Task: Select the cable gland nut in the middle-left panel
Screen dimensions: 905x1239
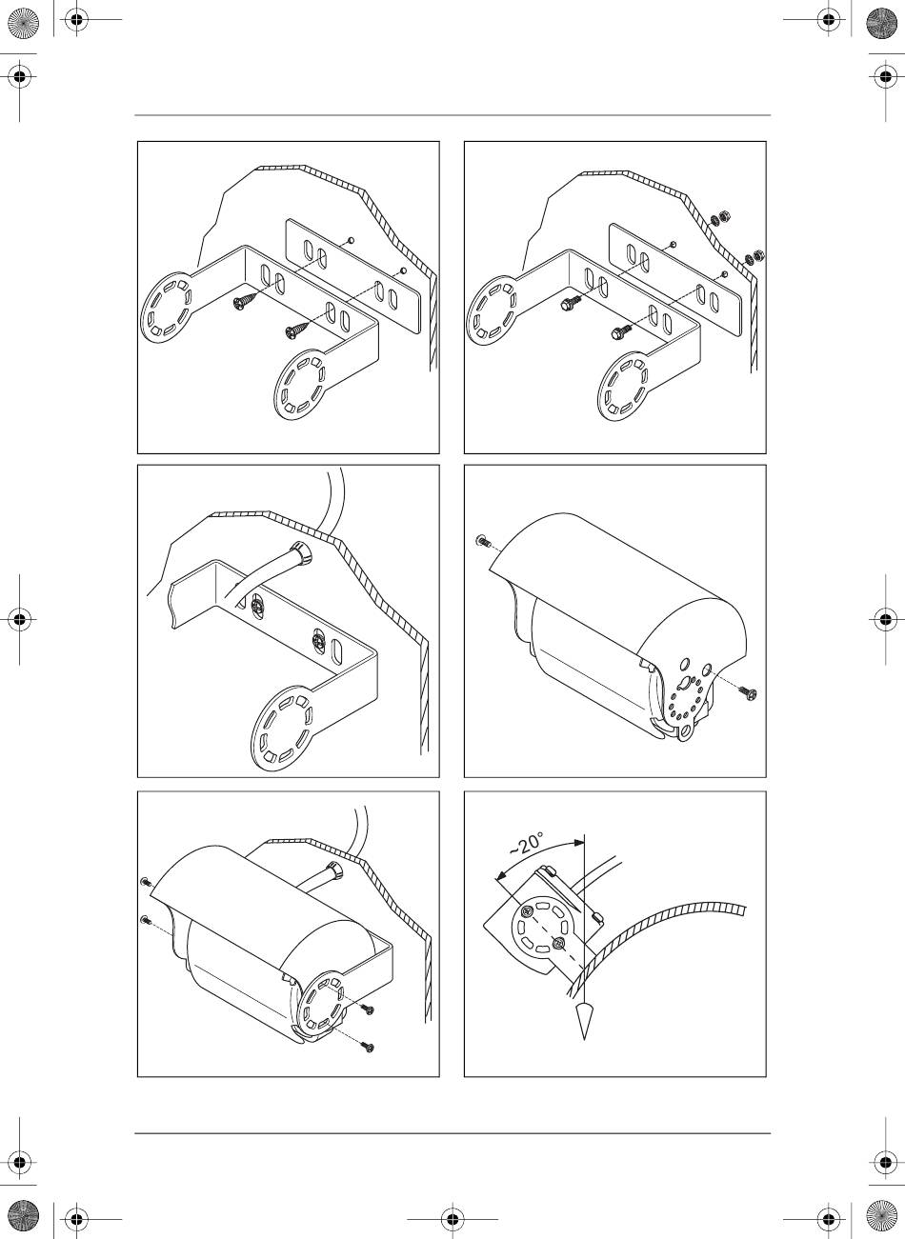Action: pos(301,552)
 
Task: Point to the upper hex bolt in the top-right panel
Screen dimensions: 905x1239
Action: pos(571,303)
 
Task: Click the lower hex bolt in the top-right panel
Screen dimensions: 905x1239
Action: pos(620,332)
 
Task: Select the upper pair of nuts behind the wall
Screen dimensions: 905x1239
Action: pos(719,219)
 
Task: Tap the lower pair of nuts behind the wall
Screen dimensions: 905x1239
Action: pos(755,257)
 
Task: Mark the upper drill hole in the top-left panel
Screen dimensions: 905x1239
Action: pos(351,241)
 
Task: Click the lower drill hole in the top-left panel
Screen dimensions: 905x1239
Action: pos(403,270)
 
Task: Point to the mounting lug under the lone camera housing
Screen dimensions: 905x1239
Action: pos(687,731)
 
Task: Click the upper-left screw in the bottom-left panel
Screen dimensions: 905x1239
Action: pos(146,881)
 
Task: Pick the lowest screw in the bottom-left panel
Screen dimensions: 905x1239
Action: pos(367,1046)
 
